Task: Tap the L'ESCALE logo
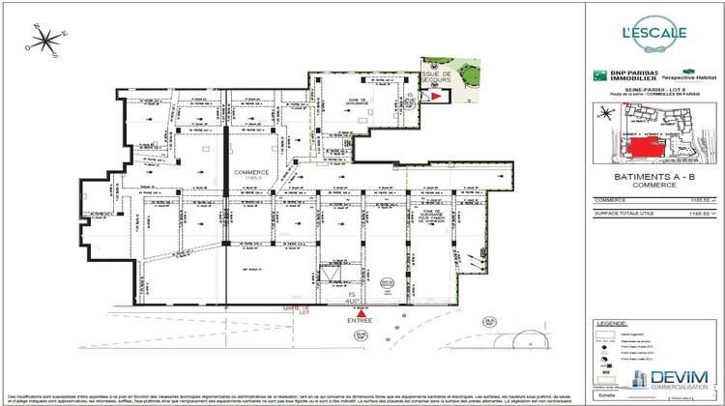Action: pos(653,32)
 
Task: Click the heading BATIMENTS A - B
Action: pos(654,178)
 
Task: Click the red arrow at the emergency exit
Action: pos(435,97)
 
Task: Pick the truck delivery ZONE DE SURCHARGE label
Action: pos(432,218)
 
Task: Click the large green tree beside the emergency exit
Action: pos(468,74)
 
